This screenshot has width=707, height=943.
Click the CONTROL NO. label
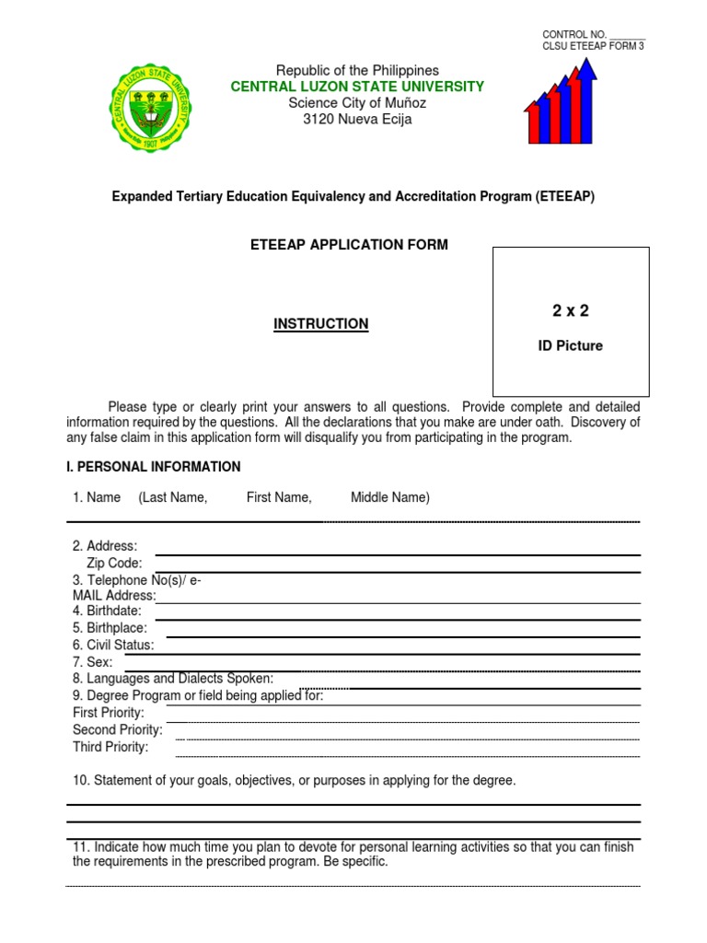click(x=574, y=34)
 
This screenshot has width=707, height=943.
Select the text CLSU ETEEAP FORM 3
click(x=593, y=46)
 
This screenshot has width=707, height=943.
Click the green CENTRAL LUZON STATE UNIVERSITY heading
click(x=357, y=87)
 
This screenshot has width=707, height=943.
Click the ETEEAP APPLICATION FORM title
click(x=350, y=244)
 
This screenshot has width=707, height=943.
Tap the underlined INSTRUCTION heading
click(x=321, y=324)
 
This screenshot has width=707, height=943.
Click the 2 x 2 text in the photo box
click(x=571, y=311)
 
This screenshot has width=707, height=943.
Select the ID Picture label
click(x=571, y=346)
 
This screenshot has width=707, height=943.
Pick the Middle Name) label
click(x=389, y=497)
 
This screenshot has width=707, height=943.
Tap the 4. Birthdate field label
click(x=107, y=611)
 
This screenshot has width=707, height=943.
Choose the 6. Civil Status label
click(x=113, y=645)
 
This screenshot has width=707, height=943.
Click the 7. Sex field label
click(x=92, y=662)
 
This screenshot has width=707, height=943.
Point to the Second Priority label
click(x=118, y=729)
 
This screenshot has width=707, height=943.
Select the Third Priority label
click(x=110, y=747)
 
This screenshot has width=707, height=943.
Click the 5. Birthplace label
click(x=110, y=628)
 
